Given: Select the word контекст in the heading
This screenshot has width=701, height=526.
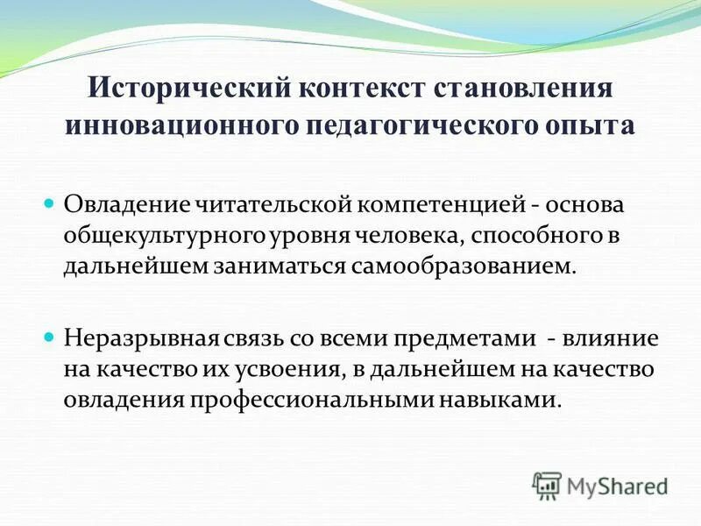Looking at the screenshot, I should (x=361, y=90).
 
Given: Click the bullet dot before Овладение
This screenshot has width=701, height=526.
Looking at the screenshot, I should (x=50, y=203).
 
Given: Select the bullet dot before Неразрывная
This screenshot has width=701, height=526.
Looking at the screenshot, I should (x=50, y=338).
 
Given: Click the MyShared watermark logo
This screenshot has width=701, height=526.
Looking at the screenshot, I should (x=600, y=485).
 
